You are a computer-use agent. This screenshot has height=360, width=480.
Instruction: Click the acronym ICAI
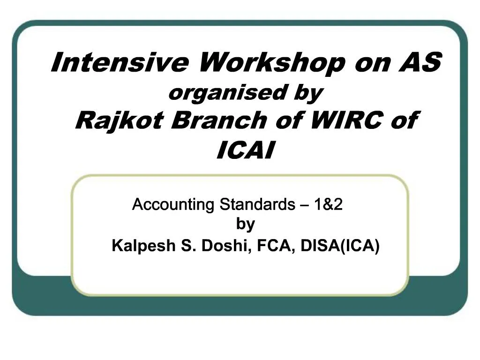245,150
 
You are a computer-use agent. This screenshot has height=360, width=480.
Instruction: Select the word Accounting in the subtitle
173,205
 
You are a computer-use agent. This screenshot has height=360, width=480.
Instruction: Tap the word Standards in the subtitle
256,205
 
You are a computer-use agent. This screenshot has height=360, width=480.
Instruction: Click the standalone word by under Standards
245,224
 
